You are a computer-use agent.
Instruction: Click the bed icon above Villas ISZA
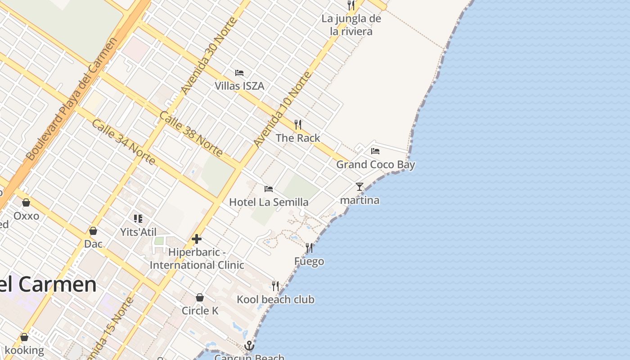pos(239,72)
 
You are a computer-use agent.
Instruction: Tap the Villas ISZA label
pos(239,86)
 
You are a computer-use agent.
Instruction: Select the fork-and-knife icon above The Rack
pos(297,124)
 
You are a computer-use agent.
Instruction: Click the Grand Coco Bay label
pos(375,165)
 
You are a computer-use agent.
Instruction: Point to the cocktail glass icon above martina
pos(359,187)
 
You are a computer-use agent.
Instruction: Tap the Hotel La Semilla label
pos(269,202)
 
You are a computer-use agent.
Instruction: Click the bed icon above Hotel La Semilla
pos(269,189)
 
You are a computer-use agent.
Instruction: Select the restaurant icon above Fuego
pos(309,248)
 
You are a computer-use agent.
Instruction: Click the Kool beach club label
pos(275,300)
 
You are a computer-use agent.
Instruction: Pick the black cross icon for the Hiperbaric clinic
pos(197,239)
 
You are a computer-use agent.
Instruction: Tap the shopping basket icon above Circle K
pos(200,297)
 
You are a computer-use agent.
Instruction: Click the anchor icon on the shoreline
pos(249,346)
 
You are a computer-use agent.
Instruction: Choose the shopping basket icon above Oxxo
pos(26,202)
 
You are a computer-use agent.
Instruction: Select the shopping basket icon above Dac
pos(93,231)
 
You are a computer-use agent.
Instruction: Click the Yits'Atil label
pos(138,232)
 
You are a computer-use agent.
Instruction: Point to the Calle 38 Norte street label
pos(191,134)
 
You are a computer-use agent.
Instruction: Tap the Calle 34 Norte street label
pos(123,142)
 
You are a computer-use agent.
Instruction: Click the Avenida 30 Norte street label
pos(208,55)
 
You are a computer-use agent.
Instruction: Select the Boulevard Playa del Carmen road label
pos(72,99)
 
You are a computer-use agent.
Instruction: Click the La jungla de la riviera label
pos(351,25)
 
